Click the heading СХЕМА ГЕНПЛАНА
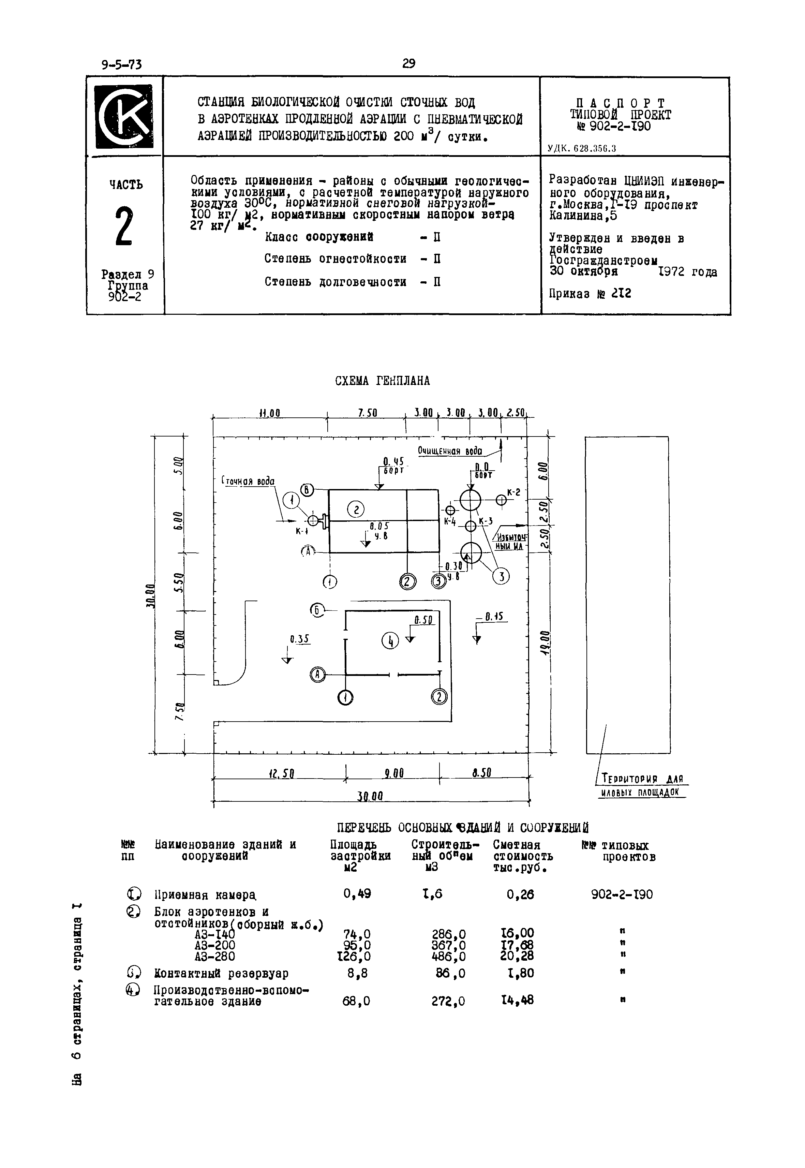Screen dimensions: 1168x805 [x=382, y=381]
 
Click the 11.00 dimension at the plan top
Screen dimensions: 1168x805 [x=269, y=413]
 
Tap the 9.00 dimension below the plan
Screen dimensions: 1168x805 [x=393, y=773]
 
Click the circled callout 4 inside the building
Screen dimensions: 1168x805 [x=390, y=641]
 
